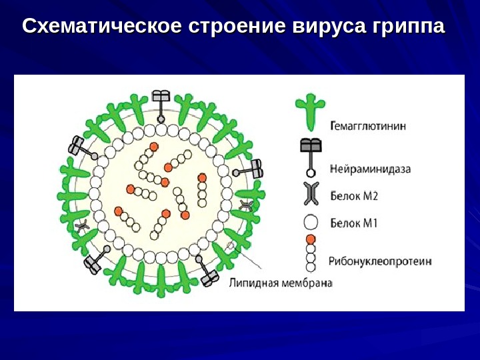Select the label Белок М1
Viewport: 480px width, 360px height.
354,223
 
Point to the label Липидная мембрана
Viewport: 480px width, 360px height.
280,283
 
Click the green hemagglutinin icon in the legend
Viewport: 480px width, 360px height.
309,110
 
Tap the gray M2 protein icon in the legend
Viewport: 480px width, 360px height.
310,193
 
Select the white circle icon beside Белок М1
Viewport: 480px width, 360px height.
310,223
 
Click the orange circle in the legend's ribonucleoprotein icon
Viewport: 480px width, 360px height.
310,239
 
